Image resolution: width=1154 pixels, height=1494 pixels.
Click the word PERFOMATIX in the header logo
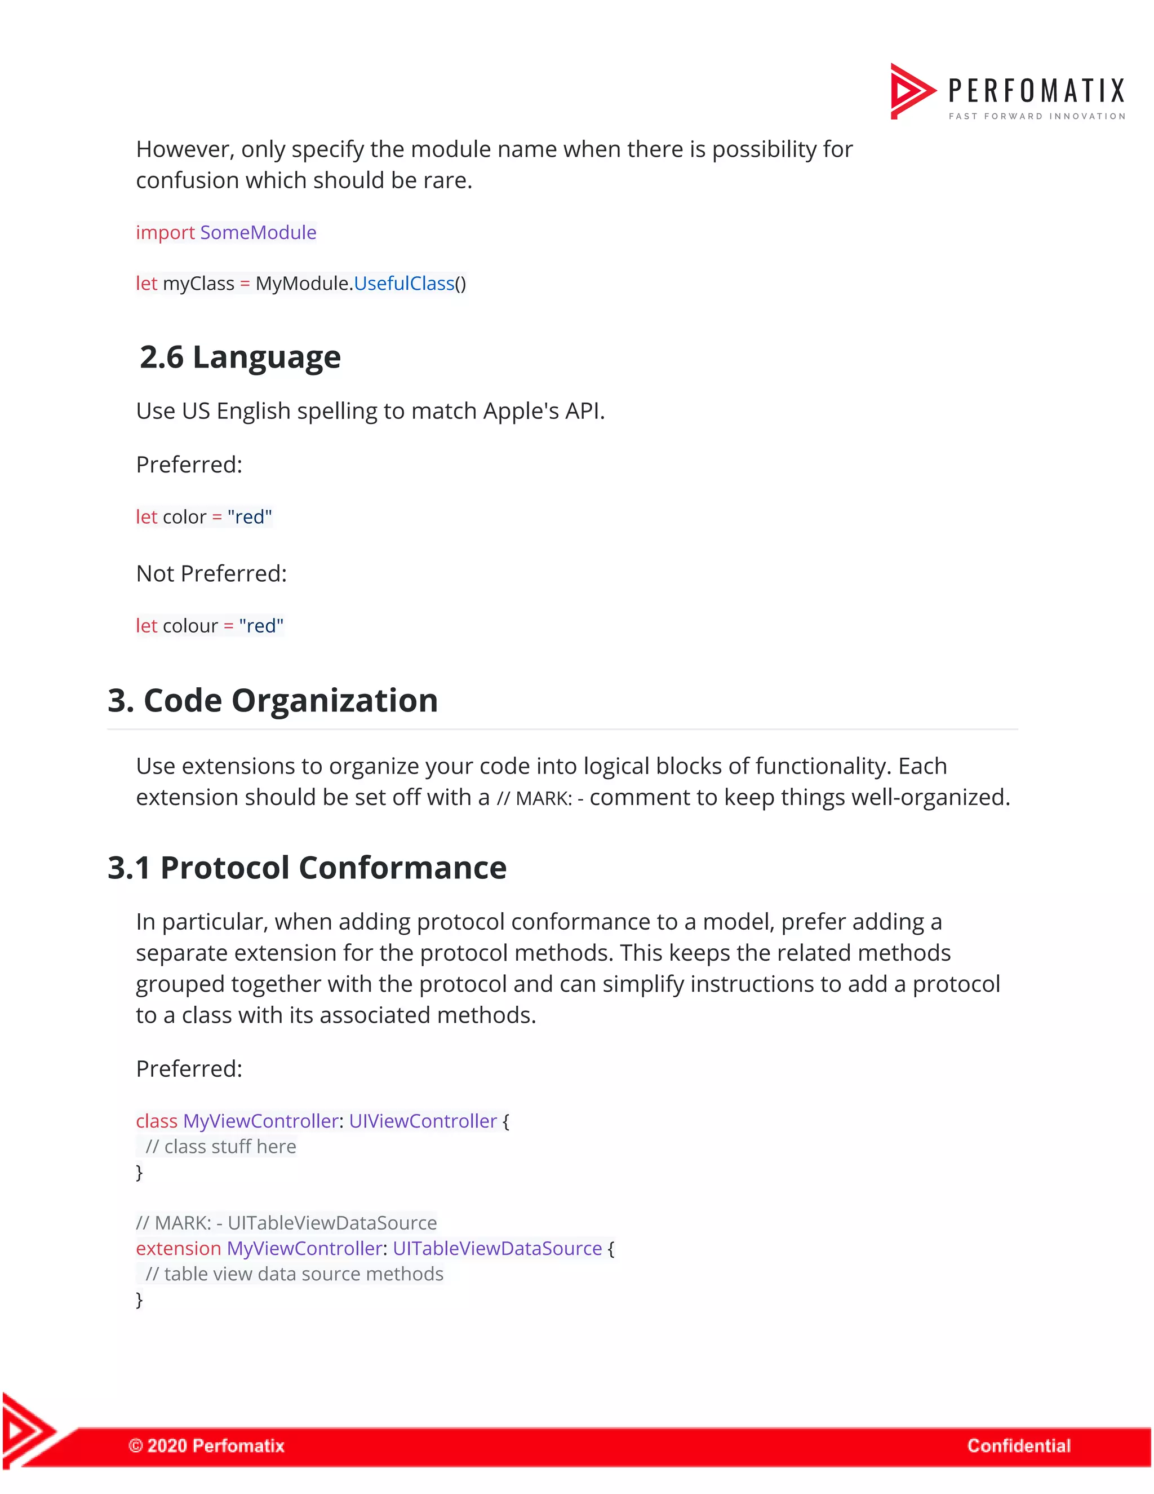click(x=1036, y=91)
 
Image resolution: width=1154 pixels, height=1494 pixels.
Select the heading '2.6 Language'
click(x=240, y=357)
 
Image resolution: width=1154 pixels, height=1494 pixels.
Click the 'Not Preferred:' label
click(x=211, y=573)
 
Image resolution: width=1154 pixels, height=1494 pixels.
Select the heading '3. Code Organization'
click(x=273, y=700)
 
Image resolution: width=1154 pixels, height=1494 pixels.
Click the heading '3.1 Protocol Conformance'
click(x=307, y=868)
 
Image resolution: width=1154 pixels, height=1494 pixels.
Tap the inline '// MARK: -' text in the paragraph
click(x=540, y=798)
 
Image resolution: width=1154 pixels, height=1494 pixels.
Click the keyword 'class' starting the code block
click(x=157, y=1121)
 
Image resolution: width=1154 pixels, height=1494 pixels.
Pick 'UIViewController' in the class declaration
click(x=423, y=1121)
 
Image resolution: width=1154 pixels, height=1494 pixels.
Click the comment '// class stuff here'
click(x=221, y=1147)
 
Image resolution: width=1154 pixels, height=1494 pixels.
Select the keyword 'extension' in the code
click(x=179, y=1248)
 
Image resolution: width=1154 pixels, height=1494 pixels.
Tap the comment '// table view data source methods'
click(x=294, y=1274)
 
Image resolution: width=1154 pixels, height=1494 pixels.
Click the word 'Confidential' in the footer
click(x=1019, y=1446)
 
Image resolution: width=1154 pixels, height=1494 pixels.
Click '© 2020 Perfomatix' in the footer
click(x=206, y=1446)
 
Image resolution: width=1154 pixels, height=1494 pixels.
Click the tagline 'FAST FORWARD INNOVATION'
click(x=1036, y=116)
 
